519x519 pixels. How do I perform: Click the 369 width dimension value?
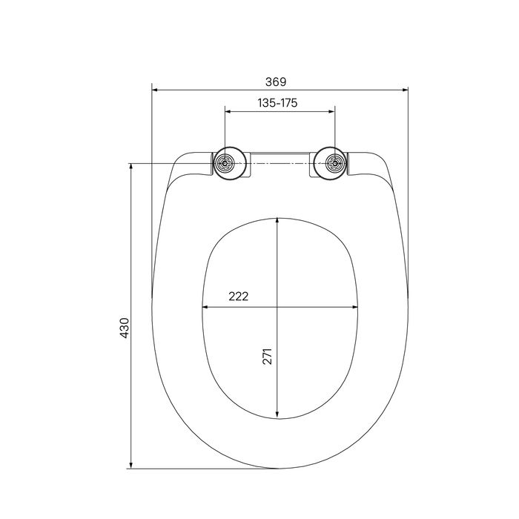(275, 82)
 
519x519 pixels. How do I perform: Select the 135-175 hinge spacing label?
(277, 103)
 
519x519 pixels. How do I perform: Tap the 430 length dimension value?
(125, 328)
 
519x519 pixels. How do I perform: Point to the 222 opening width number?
(238, 296)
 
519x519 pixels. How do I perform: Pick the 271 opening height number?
(267, 356)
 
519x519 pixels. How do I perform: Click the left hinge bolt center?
(225, 163)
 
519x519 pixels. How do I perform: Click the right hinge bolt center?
(335, 163)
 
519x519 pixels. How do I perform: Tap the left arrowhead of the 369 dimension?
(154, 90)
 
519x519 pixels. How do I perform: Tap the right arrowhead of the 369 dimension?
(405, 90)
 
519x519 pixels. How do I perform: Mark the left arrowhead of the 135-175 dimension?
(228, 111)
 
